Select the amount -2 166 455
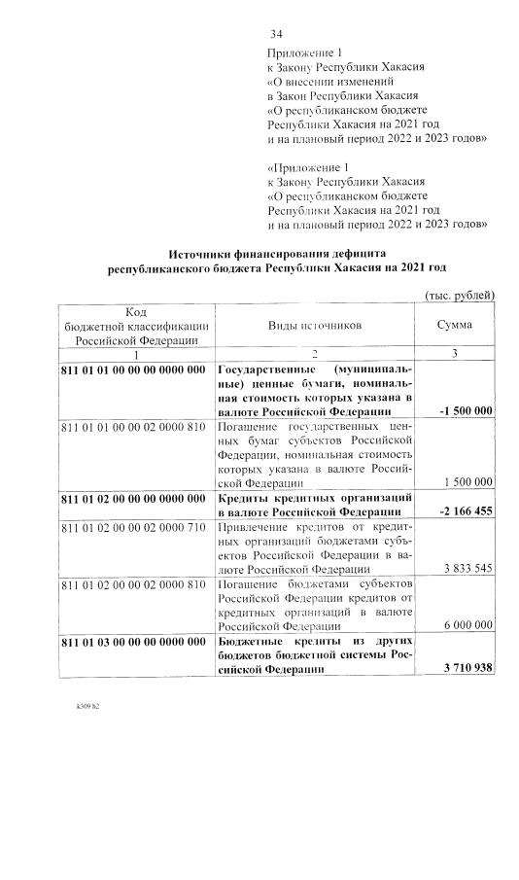(466, 510)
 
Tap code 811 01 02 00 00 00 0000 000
(133, 498)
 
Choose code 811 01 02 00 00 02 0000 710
(133, 526)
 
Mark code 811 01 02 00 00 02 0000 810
(133, 583)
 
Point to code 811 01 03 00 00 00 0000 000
(133, 641)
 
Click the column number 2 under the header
(314, 354)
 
